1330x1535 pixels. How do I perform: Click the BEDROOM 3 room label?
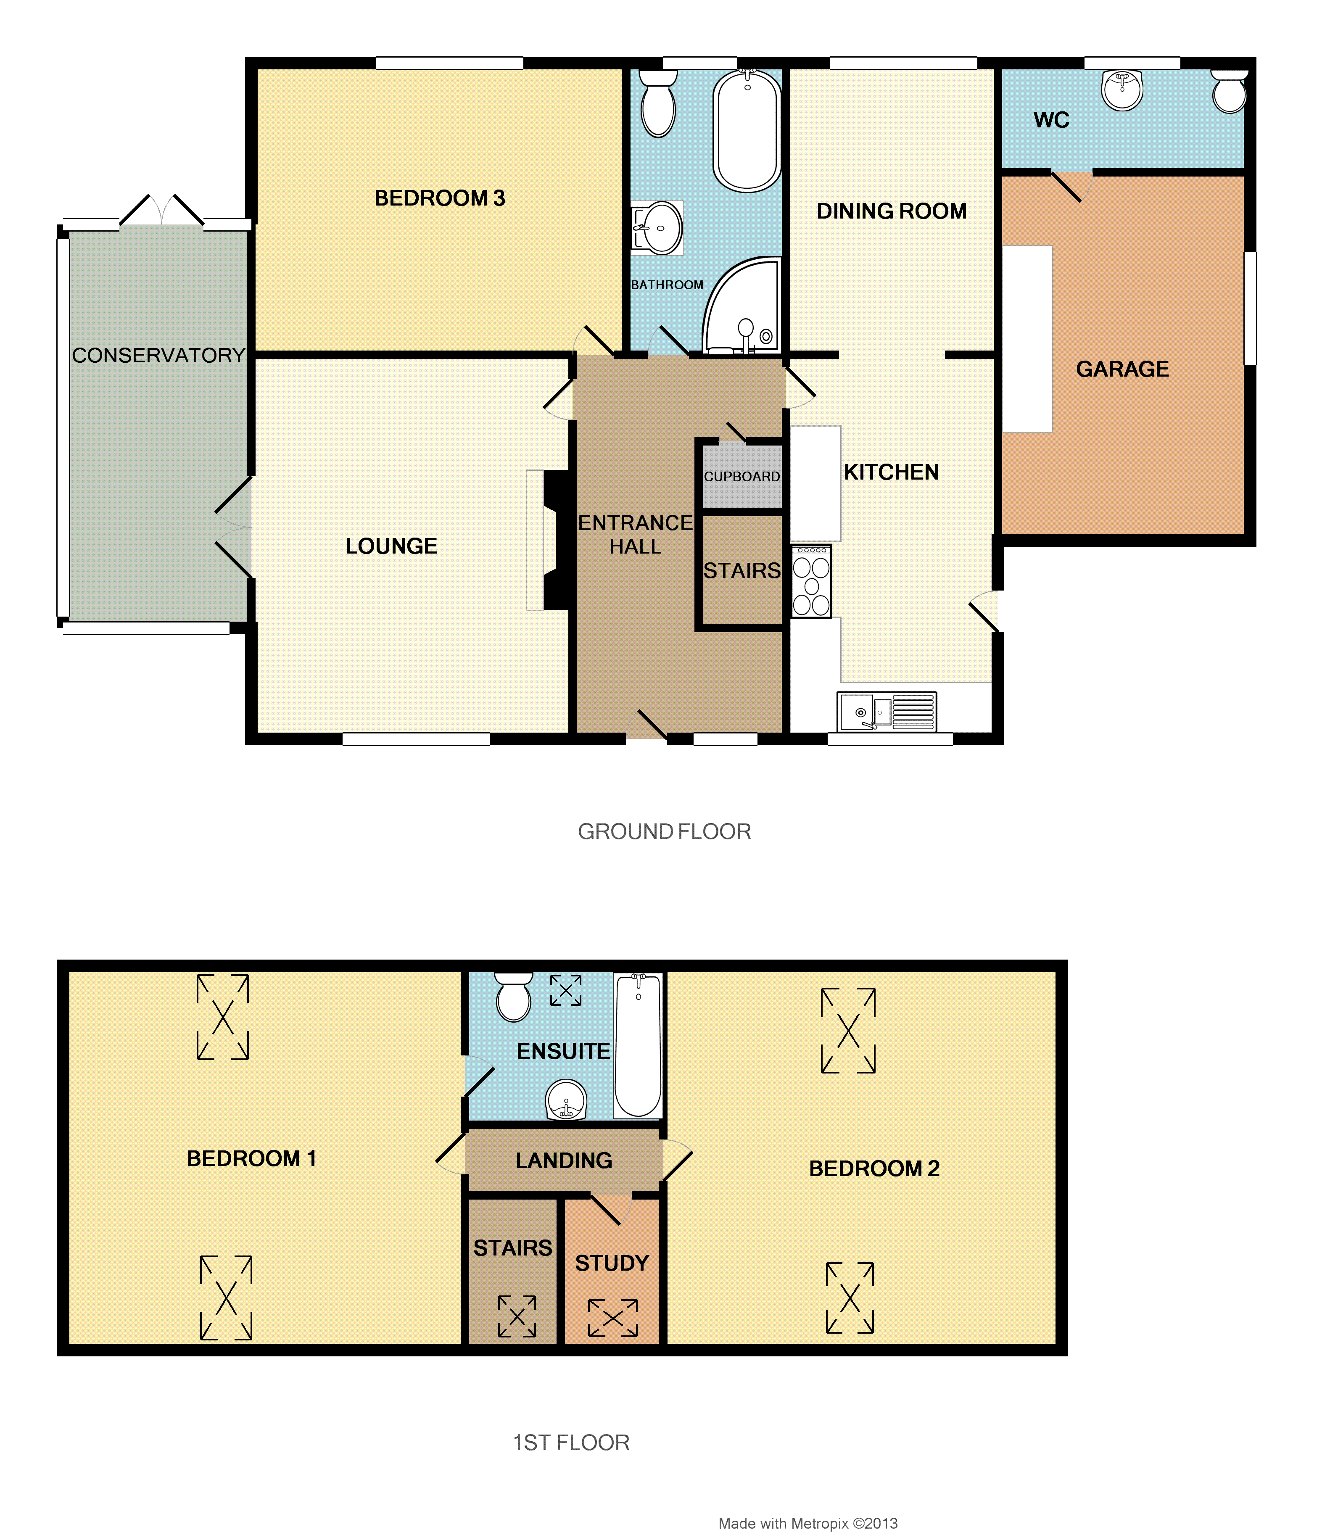click(439, 198)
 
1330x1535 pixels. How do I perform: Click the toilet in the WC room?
click(1229, 92)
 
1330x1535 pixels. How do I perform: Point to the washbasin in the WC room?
click(1122, 90)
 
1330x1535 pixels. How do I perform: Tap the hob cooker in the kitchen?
click(811, 581)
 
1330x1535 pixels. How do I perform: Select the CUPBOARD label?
click(742, 477)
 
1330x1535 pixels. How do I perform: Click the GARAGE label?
click(1122, 369)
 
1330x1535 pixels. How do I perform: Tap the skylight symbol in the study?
click(612, 1318)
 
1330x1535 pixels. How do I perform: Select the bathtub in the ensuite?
click(638, 1045)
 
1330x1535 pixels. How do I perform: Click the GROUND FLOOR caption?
click(664, 831)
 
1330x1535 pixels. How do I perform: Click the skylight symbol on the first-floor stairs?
click(517, 1316)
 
